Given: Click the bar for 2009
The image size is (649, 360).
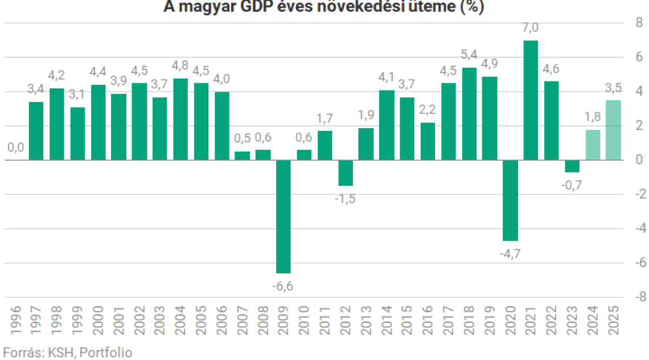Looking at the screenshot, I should pos(284,216).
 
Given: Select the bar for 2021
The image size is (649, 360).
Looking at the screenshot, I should pos(531,100).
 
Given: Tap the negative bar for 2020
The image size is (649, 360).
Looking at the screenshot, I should pos(510,200).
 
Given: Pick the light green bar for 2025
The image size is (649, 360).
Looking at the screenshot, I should pos(613,130).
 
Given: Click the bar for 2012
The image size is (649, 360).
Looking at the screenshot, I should pos(346,173).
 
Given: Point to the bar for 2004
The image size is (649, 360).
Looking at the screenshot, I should pos(180,119).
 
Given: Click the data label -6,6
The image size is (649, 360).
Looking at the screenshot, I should pos(284,286).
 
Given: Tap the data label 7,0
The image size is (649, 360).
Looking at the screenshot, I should pos(531,28).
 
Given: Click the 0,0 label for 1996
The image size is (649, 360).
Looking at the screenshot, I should pos(16,148).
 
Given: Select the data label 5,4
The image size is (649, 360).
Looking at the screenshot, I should pos(469,55).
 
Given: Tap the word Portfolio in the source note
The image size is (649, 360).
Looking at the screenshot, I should pos(106,353).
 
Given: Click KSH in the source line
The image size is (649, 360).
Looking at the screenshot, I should pos(59,353).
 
